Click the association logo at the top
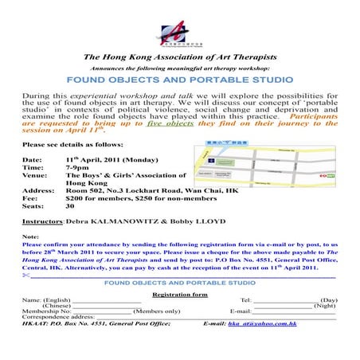pos(179,34)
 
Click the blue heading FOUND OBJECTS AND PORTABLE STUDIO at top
pos(179,80)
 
